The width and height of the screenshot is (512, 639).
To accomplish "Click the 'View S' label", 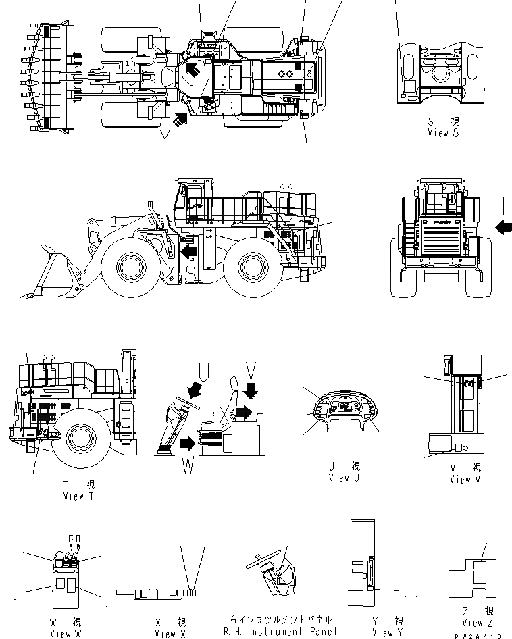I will pyautogui.click(x=443, y=133).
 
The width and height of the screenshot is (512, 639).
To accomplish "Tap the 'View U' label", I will pyautogui.click(x=344, y=478).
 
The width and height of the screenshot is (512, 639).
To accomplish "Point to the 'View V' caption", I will pyautogui.click(x=465, y=479).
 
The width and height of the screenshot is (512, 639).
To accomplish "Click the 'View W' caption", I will pyautogui.click(x=66, y=634).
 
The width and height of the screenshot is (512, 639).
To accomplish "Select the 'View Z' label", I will pyautogui.click(x=473, y=623).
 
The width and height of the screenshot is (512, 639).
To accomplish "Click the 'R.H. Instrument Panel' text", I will pyautogui.click(x=280, y=632).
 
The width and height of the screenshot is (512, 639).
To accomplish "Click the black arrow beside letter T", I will pyautogui.click(x=503, y=228).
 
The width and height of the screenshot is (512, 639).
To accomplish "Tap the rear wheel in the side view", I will pyautogui.click(x=250, y=269).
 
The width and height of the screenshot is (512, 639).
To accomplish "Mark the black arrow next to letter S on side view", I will pyautogui.click(x=190, y=251).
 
